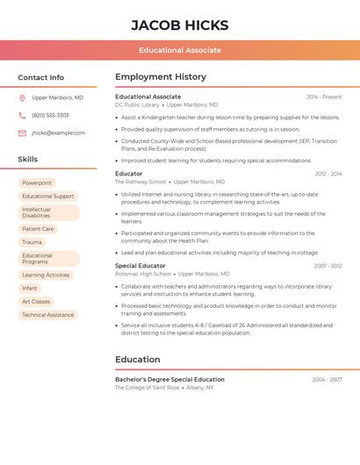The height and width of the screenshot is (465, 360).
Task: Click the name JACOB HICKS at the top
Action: [179, 25]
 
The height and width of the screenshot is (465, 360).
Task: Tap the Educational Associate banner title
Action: [180, 50]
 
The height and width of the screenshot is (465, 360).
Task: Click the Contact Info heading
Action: [40, 77]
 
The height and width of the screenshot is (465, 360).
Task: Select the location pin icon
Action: [22, 98]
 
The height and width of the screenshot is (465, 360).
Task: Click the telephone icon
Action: [22, 115]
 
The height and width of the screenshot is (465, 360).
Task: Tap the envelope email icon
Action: [22, 132]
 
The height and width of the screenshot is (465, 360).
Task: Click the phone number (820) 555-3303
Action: [50, 115]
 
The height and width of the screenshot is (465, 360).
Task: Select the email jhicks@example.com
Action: [58, 132]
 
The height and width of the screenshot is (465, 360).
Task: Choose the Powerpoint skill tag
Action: [37, 182]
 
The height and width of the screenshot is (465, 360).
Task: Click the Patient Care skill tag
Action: [38, 229]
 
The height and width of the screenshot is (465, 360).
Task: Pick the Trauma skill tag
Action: [32, 242]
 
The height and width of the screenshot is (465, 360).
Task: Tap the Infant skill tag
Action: [30, 288]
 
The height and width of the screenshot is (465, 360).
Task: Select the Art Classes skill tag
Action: [36, 301]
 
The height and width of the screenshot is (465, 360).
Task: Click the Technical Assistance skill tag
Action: [48, 315]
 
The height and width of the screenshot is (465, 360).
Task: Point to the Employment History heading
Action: [161, 77]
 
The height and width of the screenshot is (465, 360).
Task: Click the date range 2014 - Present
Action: [324, 97]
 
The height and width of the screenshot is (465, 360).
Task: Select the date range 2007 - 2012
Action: [328, 265]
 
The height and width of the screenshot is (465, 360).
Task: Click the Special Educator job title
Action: [140, 265]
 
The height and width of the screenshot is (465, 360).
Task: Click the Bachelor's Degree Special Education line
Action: [169, 379]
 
